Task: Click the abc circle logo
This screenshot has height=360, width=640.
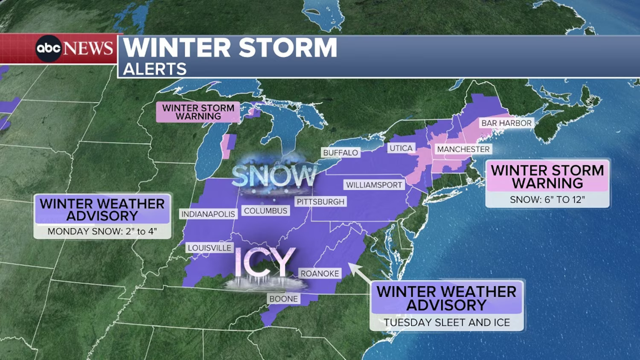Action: [48, 48]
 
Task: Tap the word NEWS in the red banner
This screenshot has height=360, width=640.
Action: [88, 48]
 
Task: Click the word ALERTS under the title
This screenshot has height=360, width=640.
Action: [155, 69]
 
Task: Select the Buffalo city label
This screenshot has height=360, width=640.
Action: [340, 153]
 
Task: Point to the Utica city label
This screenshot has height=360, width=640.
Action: [401, 148]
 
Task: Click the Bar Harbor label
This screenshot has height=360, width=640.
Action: [506, 123]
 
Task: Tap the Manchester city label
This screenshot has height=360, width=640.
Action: [463, 149]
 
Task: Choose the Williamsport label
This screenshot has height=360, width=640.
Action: [374, 185]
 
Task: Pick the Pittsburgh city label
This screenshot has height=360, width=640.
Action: [320, 201]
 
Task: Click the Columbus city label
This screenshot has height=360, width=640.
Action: [265, 211]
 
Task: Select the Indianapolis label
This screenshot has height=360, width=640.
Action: [208, 214]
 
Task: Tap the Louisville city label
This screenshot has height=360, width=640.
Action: [209, 248]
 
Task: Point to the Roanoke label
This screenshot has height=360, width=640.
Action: [320, 273]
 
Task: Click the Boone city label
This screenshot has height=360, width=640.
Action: [283, 299]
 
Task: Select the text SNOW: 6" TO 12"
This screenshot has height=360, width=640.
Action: [547, 200]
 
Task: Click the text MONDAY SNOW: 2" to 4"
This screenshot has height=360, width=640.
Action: [102, 231]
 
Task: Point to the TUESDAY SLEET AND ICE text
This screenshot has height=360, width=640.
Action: [447, 322]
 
